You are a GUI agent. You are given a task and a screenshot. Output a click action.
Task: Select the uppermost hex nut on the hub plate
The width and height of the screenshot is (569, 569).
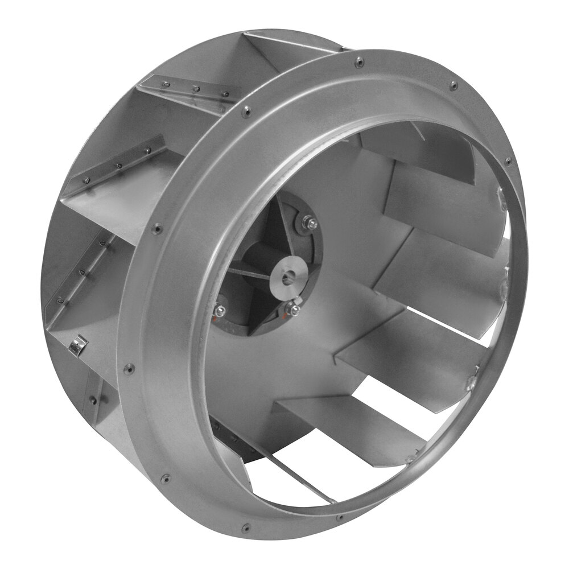click(310, 224)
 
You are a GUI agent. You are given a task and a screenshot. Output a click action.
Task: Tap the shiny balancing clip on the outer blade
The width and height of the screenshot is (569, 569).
click(77, 344)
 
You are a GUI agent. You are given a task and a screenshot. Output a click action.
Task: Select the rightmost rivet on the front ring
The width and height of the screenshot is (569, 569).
click(508, 162)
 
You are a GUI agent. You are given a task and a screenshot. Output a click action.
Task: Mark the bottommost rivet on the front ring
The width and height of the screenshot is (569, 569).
click(246, 528)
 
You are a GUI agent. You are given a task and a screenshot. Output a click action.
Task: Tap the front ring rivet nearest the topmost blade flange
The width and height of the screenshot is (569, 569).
click(246, 112)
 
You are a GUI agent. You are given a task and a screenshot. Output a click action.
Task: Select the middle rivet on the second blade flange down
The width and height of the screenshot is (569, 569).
click(119, 166)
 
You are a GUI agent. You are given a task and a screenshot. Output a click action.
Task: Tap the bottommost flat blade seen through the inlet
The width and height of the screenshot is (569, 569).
click(347, 421)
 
